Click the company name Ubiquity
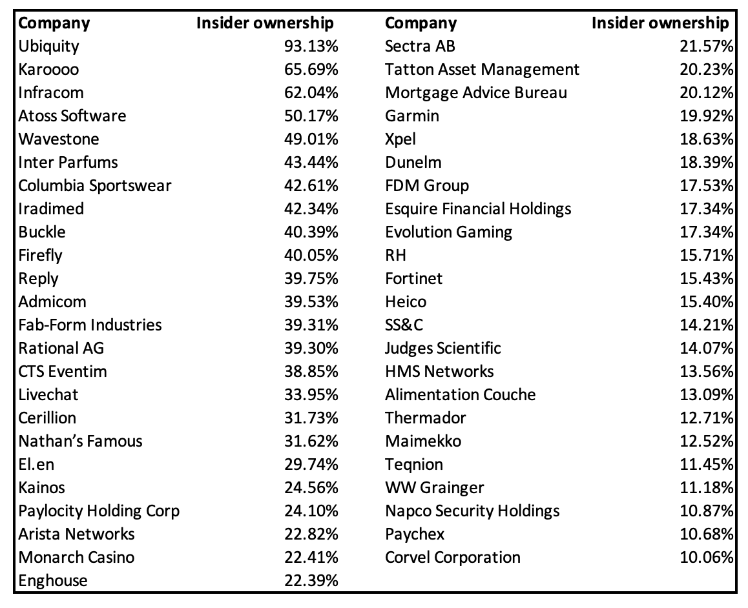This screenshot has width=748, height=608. pos(49,46)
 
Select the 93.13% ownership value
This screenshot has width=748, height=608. pos(311,46)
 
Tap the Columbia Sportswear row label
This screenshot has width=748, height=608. pos(95,186)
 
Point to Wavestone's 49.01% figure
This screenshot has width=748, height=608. pos(311,139)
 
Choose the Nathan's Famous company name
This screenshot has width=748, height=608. pos(80,441)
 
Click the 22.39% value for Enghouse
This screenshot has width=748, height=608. pos(311,581)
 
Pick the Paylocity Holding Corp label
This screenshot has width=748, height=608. pos(99,511)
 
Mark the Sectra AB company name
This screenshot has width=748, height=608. pos(420,46)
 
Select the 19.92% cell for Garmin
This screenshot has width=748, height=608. pos(707,116)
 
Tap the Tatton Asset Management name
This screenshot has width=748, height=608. pos(482,70)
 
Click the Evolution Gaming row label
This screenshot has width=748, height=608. pos(448,232)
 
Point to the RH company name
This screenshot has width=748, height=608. pos(396,256)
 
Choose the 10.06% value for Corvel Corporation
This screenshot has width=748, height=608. pos(707,558)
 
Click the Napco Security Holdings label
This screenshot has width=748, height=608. pos(472,511)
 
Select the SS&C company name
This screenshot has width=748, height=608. pos(404,325)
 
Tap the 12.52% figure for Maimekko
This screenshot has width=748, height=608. pos(707,441)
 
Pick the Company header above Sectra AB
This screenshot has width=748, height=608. pos(421,23)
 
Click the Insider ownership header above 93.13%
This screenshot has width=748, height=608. pos(265,23)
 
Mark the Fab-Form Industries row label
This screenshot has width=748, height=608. pos(90,325)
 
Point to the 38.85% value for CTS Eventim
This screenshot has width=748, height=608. pos(311,372)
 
